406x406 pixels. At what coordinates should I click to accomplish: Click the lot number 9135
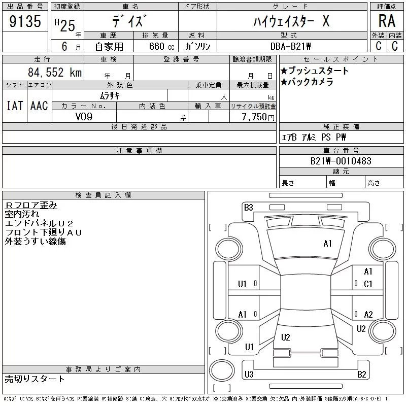25,21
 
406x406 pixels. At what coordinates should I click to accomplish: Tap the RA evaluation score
387,21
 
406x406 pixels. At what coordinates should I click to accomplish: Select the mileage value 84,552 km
55,72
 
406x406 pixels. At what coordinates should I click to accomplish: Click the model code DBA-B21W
290,46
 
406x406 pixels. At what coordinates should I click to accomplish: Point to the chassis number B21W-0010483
341,161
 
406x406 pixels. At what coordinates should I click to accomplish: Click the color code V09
84,117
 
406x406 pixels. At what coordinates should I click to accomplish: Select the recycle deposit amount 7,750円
258,117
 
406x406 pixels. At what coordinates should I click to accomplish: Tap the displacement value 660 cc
161,46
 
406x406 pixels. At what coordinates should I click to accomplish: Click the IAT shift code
15,106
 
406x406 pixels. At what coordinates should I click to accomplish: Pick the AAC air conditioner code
39,106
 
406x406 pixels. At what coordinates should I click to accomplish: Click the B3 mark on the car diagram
248,208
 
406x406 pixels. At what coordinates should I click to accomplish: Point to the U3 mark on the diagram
249,374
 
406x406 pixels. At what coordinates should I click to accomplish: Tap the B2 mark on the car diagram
361,375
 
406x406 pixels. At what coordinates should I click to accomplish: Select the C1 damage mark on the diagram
368,284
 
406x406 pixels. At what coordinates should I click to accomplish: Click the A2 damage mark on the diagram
368,315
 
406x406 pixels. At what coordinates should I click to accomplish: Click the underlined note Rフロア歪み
31,205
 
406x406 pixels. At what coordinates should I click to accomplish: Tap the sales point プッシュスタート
318,71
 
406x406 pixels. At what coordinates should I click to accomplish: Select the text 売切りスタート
35,379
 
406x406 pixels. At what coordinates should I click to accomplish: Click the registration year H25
65,25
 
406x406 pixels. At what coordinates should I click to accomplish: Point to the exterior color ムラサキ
110,96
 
